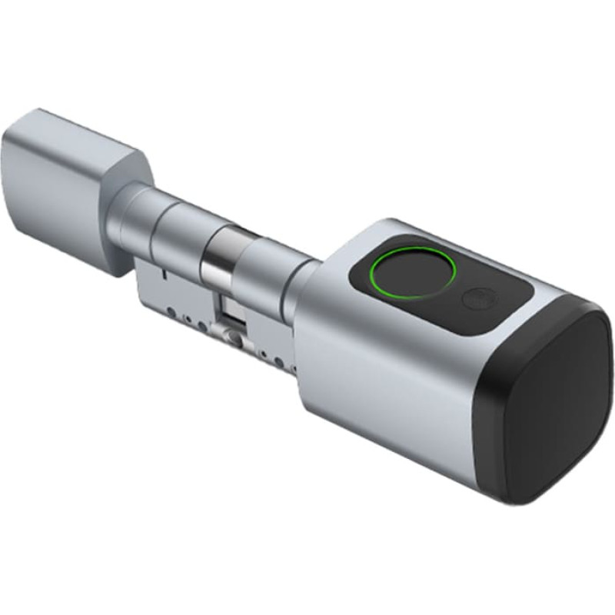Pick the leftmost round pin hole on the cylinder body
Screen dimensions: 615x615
[x=171, y=312]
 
